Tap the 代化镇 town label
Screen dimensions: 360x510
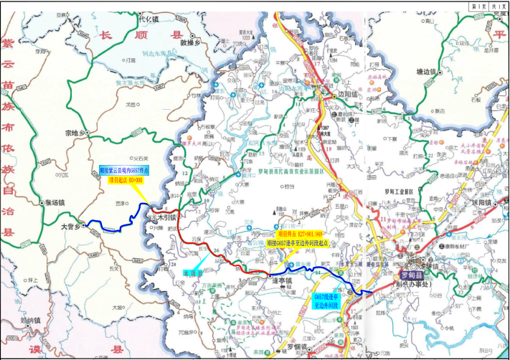(147, 19)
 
